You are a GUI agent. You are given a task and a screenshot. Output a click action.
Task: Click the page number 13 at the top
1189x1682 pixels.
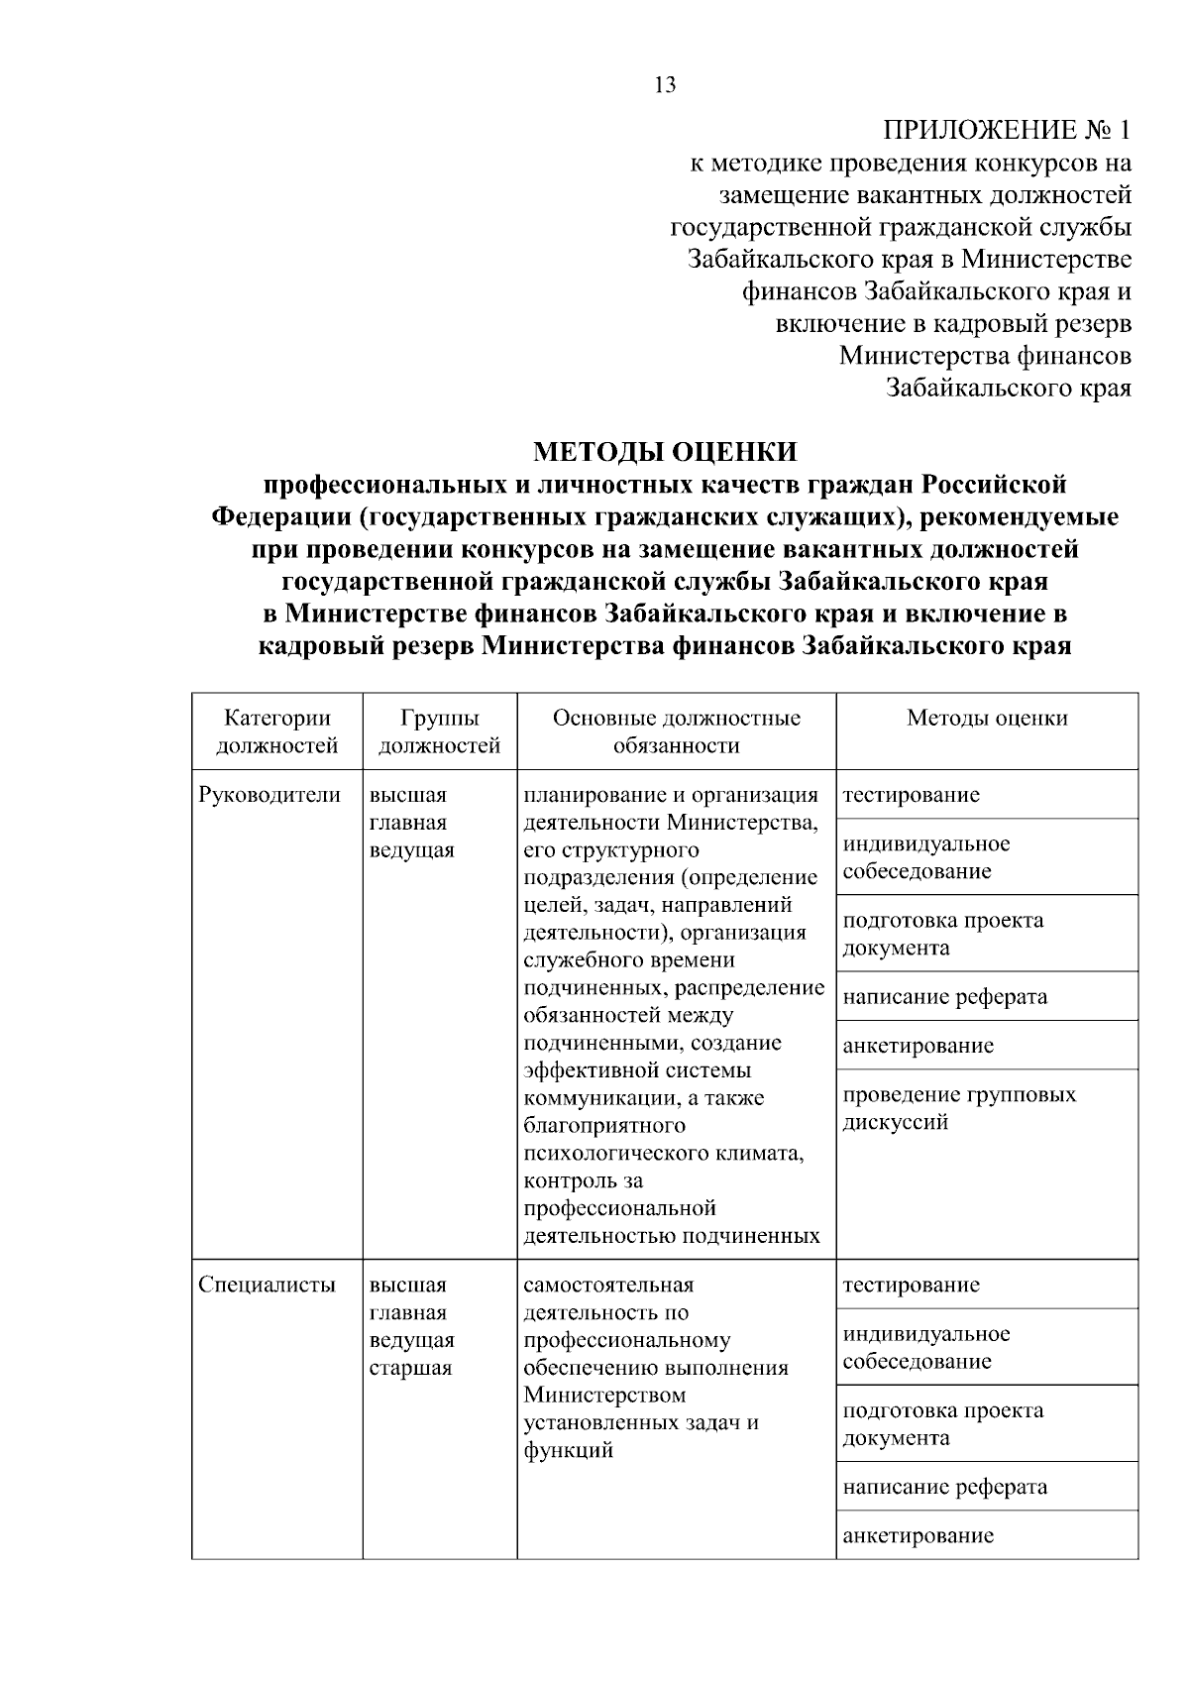click(x=666, y=85)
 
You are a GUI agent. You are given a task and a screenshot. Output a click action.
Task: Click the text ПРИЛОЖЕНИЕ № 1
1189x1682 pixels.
click(x=1006, y=130)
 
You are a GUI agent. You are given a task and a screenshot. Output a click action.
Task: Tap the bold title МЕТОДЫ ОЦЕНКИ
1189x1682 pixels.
click(x=665, y=452)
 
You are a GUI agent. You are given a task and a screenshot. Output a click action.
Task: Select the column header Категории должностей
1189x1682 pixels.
click(x=277, y=731)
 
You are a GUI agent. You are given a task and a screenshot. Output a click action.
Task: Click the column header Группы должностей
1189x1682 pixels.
click(x=440, y=731)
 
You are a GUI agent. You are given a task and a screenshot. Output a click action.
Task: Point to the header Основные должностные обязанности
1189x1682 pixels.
click(x=676, y=731)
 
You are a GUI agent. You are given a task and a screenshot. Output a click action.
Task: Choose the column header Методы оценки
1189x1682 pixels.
click(x=987, y=719)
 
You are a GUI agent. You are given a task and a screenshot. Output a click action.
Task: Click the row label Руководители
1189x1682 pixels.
click(x=270, y=795)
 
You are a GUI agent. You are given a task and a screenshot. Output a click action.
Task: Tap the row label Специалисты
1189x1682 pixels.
click(x=268, y=1286)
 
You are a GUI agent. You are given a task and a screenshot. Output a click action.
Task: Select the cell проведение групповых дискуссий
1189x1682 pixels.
click(x=958, y=1108)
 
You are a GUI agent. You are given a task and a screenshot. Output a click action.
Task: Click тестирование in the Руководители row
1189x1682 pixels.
click(x=911, y=795)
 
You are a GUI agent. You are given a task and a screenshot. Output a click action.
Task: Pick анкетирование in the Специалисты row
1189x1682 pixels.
click(x=918, y=1536)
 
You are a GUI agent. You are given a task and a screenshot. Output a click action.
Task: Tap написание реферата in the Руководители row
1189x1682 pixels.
click(x=944, y=997)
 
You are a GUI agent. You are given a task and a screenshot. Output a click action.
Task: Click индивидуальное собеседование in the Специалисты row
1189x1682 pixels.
click(x=926, y=1347)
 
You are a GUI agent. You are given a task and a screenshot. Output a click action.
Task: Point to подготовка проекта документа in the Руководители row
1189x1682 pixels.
click(x=942, y=934)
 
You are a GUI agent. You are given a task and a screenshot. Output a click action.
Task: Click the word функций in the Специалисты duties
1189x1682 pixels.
click(x=568, y=1451)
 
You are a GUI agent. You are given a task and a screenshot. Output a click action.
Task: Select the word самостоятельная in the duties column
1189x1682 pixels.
click(x=608, y=1286)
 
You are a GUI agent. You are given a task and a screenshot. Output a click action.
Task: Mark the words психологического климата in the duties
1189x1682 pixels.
click(x=662, y=1154)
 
